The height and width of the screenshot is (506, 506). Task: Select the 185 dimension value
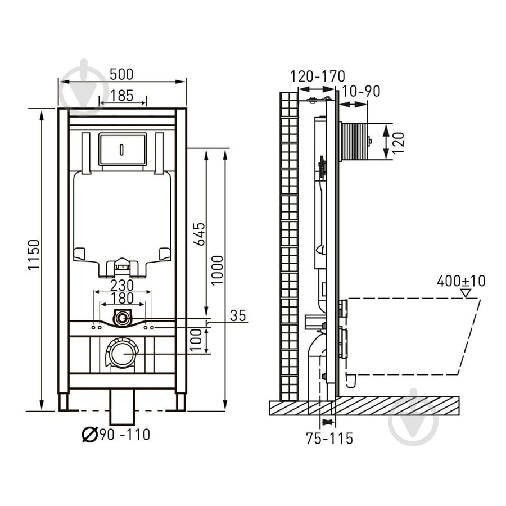pos(121,95)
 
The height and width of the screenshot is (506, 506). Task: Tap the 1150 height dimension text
pos(33,254)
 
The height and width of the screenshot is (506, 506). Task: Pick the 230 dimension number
pos(122,286)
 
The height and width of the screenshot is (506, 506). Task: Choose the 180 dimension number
pos(122,298)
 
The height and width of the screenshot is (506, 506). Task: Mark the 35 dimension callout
pos(238,315)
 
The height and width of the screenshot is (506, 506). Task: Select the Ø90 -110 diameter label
pos(116,434)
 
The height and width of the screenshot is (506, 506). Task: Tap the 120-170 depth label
pos(318,76)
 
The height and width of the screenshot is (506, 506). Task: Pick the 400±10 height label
pos(460,281)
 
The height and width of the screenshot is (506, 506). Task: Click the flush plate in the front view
pos(122,150)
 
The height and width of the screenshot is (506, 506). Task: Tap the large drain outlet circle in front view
pos(122,354)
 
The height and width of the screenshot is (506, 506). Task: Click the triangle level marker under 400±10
pos(464,292)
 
